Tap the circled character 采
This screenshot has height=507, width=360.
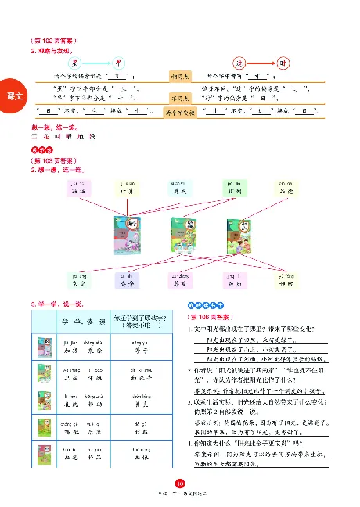[x=76, y=63]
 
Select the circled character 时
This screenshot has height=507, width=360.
[x=283, y=63]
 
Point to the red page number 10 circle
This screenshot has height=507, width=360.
[x=180, y=484]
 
